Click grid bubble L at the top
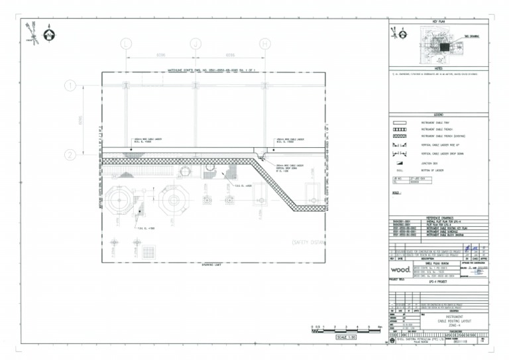coord(126,44)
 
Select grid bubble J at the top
coord(196,44)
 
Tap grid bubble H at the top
coord(264,44)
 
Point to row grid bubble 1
coord(70,86)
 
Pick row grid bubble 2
coord(70,155)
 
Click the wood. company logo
coord(400,270)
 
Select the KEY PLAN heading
coord(438,22)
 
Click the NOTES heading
coord(438,68)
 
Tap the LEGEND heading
coord(438,115)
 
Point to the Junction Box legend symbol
coord(400,162)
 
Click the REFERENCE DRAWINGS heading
coord(438,216)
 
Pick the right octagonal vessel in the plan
coord(174,200)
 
